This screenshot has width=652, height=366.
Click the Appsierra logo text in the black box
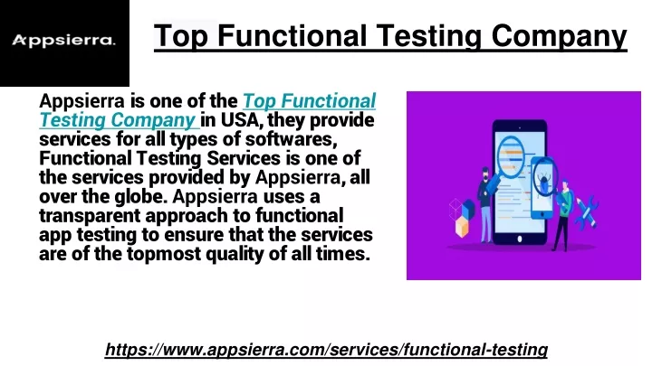tap(63, 41)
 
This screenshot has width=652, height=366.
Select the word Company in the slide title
tap(559, 36)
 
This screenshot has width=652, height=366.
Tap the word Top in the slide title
tap(180, 36)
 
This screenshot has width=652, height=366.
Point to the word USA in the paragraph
tap(241, 120)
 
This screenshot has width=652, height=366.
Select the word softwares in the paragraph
tap(291, 139)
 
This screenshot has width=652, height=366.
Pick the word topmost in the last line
tap(164, 254)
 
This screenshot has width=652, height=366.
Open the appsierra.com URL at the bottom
tap(326, 350)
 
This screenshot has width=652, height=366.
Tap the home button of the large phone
tap(520, 239)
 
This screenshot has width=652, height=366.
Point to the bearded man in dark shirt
tap(484, 204)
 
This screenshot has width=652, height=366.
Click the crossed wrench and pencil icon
tap(587, 213)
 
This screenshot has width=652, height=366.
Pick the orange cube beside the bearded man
tap(462, 228)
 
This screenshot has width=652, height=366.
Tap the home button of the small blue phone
tap(542, 215)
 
